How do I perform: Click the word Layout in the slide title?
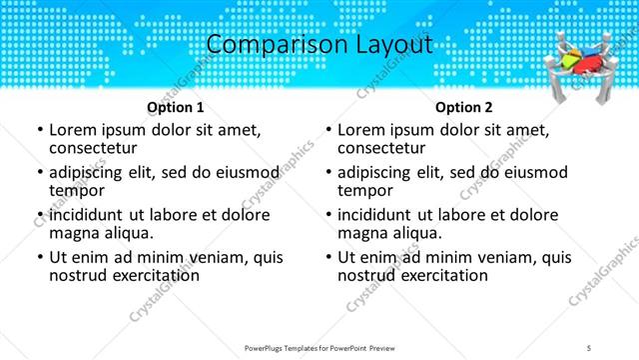389,45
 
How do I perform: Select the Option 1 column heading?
176,107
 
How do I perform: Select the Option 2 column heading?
464,107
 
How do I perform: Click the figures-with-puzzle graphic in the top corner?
585,66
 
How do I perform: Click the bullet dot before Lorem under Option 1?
40,130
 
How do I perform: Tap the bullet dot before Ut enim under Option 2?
328,257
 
